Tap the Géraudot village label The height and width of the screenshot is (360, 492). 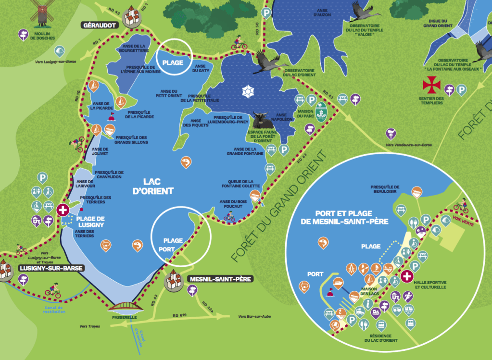100,25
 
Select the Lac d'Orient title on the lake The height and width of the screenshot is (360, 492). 158,186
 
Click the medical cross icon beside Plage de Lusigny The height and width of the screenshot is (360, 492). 62,210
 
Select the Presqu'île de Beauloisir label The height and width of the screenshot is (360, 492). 385,189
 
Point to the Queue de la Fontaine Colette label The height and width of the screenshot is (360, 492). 240,184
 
